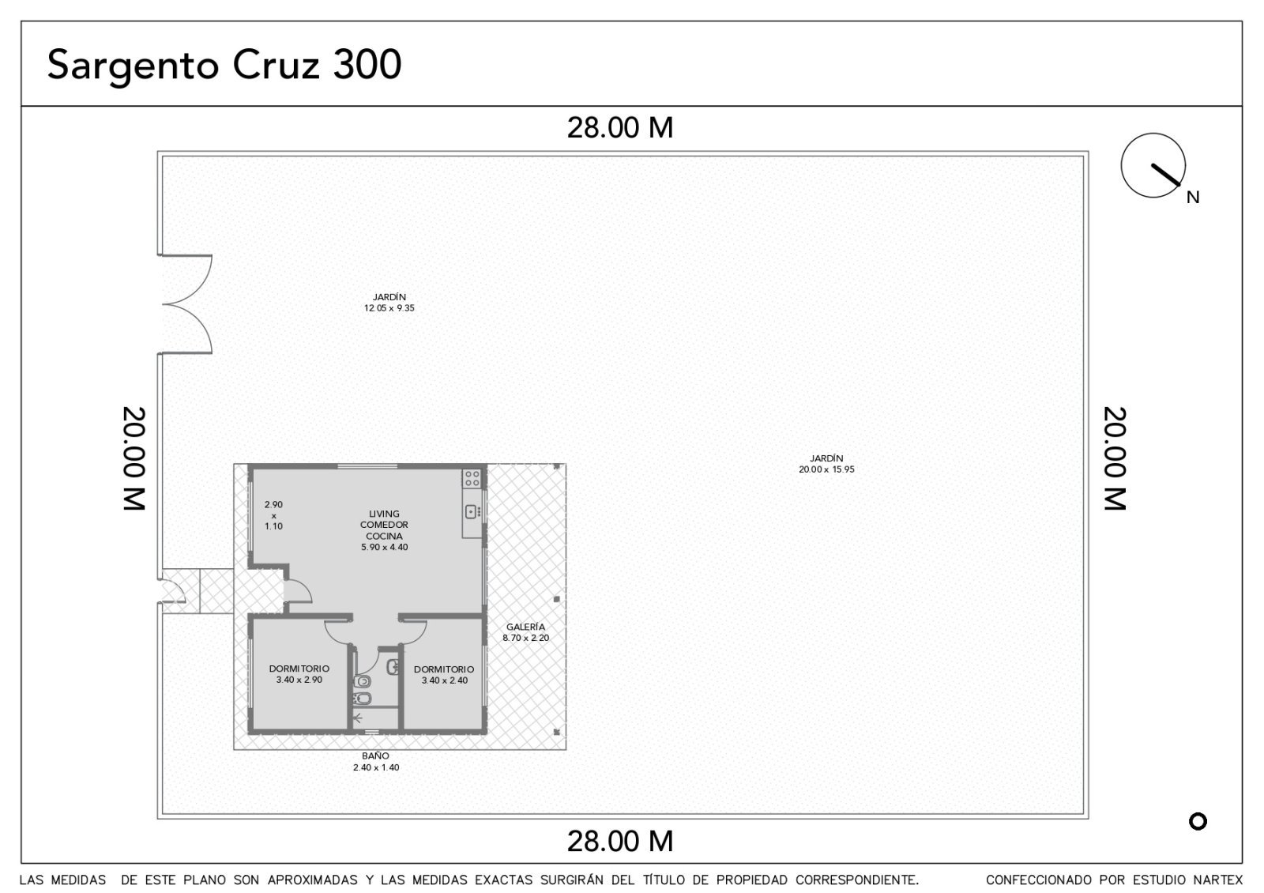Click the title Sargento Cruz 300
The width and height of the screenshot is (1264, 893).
click(224, 66)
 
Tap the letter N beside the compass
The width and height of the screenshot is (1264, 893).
click(1193, 197)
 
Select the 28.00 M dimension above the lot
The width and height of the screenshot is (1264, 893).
click(620, 127)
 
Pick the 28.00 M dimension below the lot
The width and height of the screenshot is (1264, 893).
click(620, 841)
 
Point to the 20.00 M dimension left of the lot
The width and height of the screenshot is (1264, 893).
click(134, 458)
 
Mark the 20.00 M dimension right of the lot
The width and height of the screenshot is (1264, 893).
click(1115, 458)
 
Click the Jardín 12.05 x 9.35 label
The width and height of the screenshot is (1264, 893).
click(389, 303)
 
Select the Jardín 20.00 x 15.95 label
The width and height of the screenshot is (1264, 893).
click(826, 463)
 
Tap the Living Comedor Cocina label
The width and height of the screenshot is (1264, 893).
click(384, 530)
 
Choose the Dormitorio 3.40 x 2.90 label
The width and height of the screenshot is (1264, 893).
click(299, 674)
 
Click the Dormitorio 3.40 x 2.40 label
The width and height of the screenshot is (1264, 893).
click(444, 675)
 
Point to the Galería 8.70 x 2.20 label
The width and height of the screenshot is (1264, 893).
click(526, 632)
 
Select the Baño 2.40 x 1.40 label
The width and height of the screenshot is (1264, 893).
click(376, 762)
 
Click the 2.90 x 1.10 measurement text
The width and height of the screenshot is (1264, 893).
click(273, 515)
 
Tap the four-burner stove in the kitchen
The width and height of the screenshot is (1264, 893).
click(472, 479)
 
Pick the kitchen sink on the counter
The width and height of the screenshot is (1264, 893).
click(472, 512)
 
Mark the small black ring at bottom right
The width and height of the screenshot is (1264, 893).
click(1198, 821)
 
